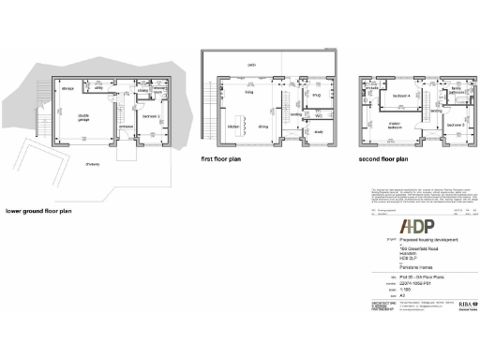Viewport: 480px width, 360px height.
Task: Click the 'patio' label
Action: pos(251,65)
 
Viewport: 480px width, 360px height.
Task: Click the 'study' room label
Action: pos(318,132)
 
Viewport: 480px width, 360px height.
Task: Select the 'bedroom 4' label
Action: pos(402,96)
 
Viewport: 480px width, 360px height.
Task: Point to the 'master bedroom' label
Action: pos(396,126)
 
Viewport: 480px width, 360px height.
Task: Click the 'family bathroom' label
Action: pos(457,92)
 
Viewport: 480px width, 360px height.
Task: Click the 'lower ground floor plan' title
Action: pos(38,212)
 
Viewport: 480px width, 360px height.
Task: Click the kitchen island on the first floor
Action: pos(241,119)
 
